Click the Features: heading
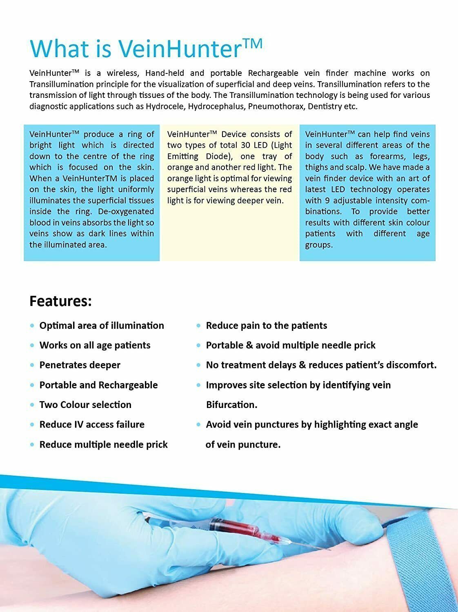(x=60, y=301)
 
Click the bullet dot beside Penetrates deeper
(x=32, y=365)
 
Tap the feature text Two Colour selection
(x=85, y=405)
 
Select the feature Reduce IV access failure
(x=92, y=424)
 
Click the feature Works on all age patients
(x=95, y=345)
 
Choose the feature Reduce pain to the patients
(x=266, y=326)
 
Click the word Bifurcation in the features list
(x=231, y=405)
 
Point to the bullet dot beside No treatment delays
(x=199, y=365)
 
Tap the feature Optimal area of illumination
(x=102, y=326)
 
